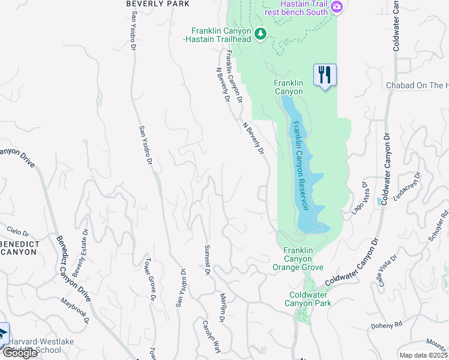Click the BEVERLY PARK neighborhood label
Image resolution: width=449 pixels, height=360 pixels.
point(158,4)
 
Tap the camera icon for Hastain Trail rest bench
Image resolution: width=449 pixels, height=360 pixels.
point(337,6)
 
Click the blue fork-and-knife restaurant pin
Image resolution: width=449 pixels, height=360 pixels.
point(325,75)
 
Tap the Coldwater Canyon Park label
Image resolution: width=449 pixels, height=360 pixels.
point(310,299)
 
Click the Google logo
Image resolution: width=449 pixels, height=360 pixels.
point(20,353)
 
